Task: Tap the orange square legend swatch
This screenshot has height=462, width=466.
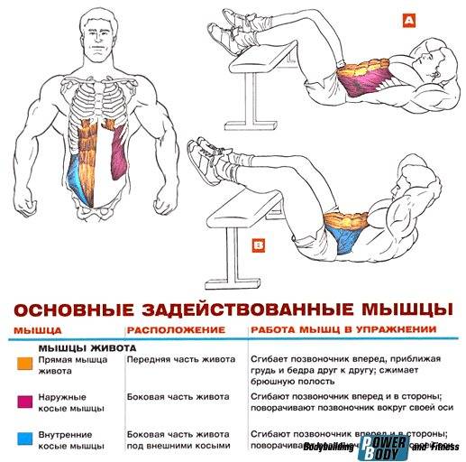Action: [x=22, y=364]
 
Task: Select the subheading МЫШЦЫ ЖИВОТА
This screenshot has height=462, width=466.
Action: [x=87, y=346]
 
